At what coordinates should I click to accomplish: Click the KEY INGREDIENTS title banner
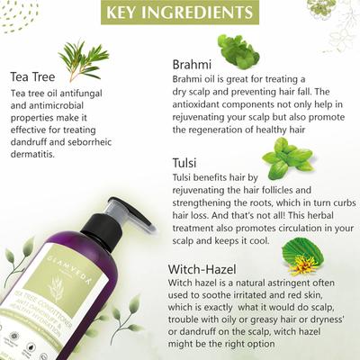179,13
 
